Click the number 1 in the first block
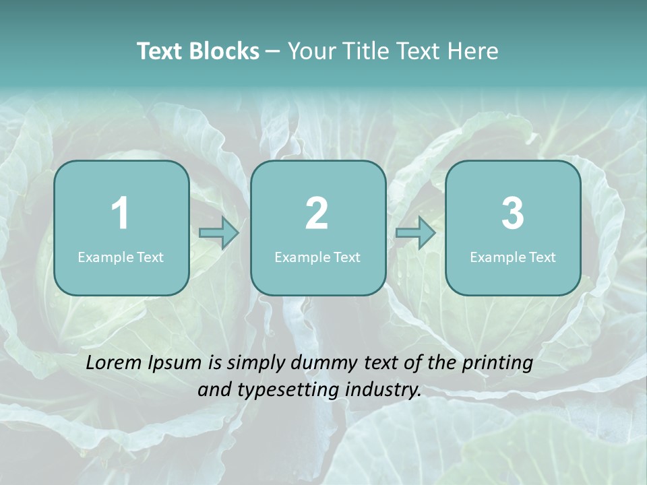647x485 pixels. pos(121,214)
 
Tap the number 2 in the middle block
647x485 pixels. pos(317,214)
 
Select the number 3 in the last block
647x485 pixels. pos(513,214)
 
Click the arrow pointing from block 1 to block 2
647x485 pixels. pos(219,233)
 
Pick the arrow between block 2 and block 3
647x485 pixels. pos(415,233)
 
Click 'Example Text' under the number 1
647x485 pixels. pos(121,257)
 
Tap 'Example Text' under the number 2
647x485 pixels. pos(317,257)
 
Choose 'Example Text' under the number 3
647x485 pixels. pos(513,257)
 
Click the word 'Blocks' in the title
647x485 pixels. pos(226,51)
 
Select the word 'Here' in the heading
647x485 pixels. pos(475,51)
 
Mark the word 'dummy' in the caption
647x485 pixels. pos(321,364)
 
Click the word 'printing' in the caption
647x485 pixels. pos(497,364)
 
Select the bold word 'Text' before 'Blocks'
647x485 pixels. pos(162,51)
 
